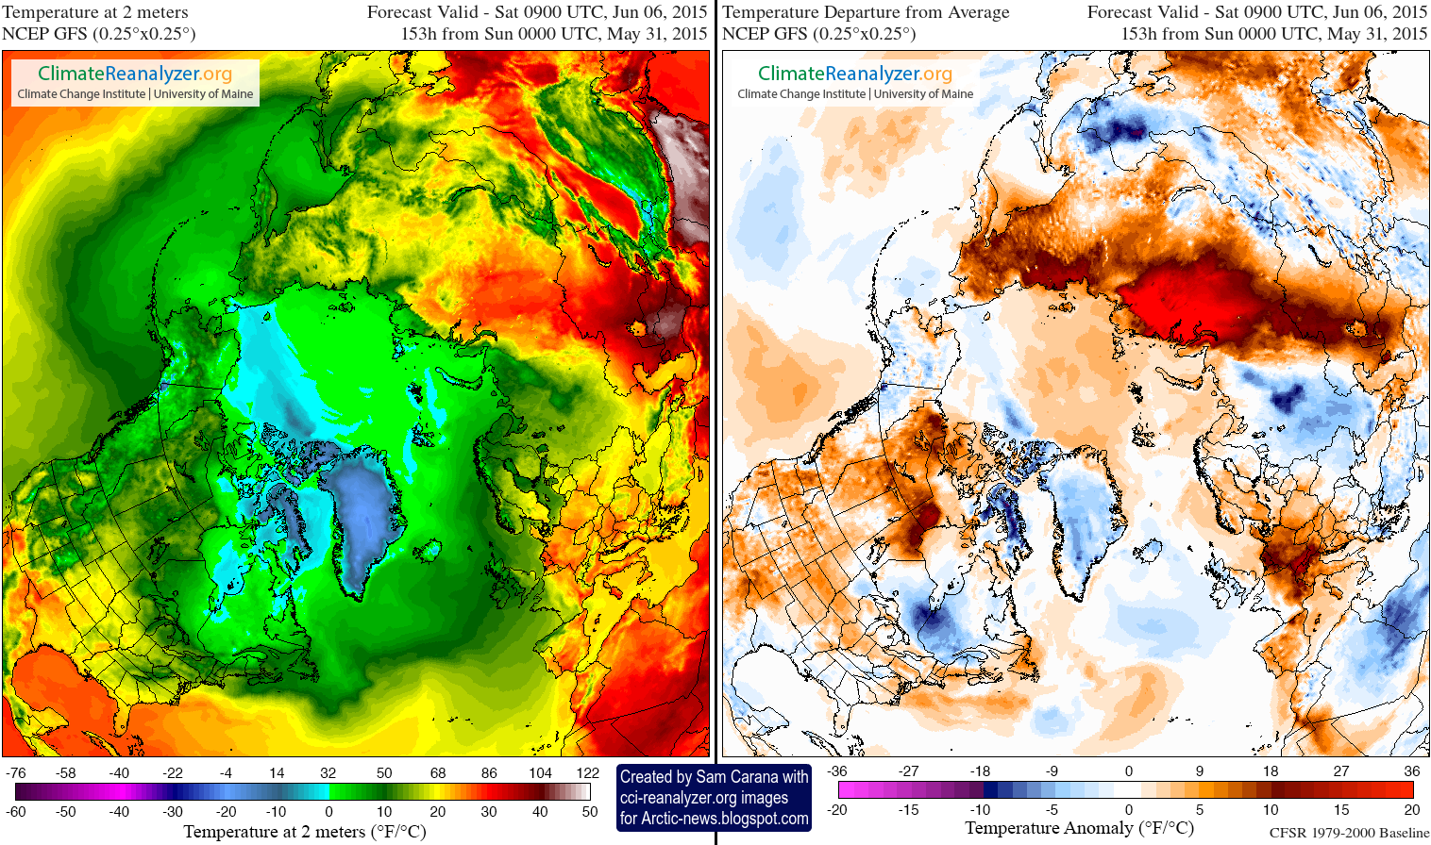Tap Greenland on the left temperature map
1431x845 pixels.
pyautogui.click(x=363, y=514)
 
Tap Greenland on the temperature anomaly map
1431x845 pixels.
pyautogui.click(x=1082, y=514)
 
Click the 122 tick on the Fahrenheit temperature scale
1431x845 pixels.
pyautogui.click(x=587, y=772)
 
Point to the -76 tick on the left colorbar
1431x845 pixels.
pyautogui.click(x=16, y=772)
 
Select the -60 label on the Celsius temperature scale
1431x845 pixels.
pyautogui.click(x=16, y=811)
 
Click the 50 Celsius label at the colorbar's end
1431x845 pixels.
pyautogui.click(x=589, y=811)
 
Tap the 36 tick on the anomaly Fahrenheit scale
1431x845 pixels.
pyautogui.click(x=1411, y=770)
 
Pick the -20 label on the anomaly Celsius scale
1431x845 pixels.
pyautogui.click(x=837, y=809)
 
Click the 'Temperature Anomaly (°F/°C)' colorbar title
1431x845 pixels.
pyautogui.click(x=1079, y=828)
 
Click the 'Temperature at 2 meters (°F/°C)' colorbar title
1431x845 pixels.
pyautogui.click(x=305, y=832)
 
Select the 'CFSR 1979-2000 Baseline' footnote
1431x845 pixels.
pyautogui.click(x=1349, y=833)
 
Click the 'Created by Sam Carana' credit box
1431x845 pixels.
pyautogui.click(x=714, y=777)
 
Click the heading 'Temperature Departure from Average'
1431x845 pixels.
pyautogui.click(x=866, y=12)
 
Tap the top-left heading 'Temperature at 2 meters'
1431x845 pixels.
pyautogui.click(x=95, y=12)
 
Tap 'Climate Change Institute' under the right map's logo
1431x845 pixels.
pyautogui.click(x=800, y=94)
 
